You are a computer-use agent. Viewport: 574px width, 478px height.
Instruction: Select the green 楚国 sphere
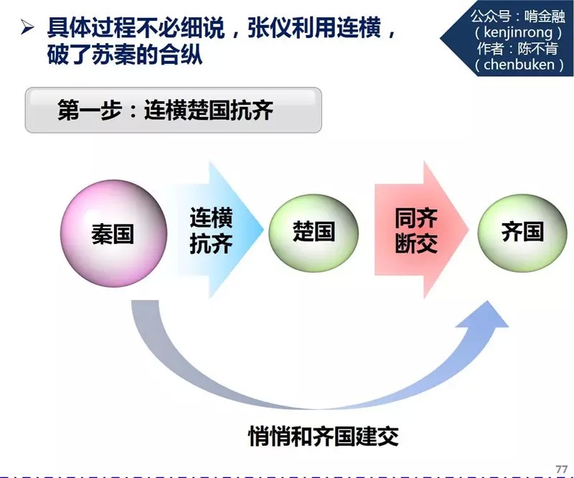[314, 231]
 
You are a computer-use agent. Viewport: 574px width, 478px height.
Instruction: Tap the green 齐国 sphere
[522, 231]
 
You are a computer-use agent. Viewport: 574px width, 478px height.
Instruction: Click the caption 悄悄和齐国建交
[323, 435]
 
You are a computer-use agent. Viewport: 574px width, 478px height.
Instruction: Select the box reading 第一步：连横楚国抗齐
[173, 111]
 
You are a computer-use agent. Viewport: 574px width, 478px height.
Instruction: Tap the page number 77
[561, 468]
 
